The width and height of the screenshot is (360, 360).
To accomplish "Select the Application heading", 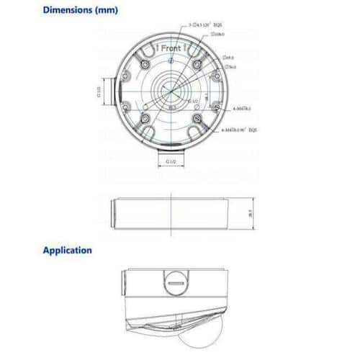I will (x=68, y=251).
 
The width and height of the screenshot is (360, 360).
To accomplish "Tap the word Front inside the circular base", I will (x=171, y=49).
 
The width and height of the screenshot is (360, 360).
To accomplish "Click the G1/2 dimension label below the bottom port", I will (x=171, y=162).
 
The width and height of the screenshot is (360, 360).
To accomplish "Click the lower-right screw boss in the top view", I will (x=196, y=118).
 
